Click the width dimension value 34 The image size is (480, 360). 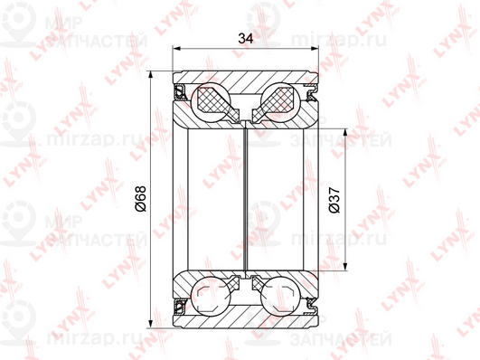pos(246,39)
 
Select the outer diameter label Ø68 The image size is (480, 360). pos(141,198)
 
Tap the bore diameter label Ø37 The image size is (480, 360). pos(334,200)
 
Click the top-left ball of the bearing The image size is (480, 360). pos(210,101)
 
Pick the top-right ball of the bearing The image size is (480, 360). pos(280,101)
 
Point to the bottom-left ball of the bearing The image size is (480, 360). pos(210,296)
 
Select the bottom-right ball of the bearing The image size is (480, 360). pos(280,296)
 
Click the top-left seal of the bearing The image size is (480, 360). pos(180,93)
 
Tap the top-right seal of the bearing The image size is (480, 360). pos(312,93)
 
